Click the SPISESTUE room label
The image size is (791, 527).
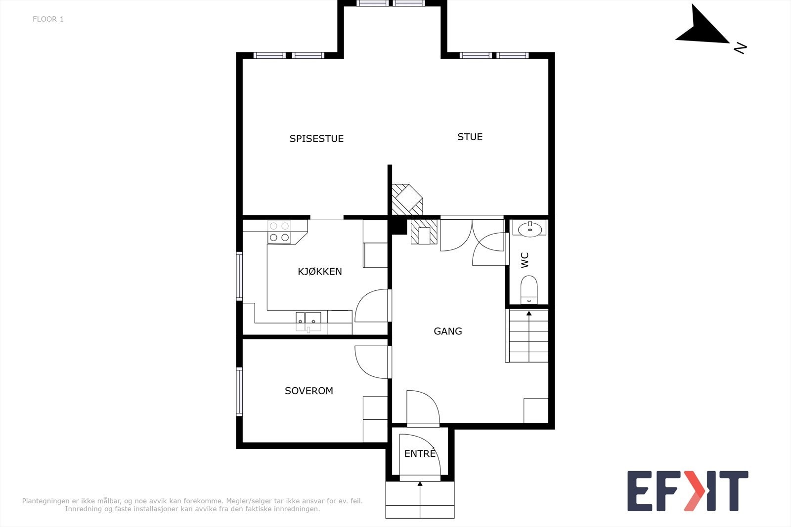(316, 139)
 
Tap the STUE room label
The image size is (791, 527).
(470, 137)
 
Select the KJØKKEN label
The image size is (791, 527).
(319, 271)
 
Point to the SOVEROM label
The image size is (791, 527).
(308, 391)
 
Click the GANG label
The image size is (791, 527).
(448, 331)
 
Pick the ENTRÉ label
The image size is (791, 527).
(420, 453)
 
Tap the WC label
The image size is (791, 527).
(525, 260)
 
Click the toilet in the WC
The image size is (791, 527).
(529, 289)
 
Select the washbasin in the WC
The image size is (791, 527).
(529, 229)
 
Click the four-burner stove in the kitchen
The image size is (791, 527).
(279, 232)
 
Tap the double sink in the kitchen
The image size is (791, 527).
(308, 321)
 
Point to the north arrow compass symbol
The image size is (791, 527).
(703, 28)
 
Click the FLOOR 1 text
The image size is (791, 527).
(48, 19)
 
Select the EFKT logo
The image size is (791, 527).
(688, 490)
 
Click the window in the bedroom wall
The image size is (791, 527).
(239, 392)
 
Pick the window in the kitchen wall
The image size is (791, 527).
(239, 276)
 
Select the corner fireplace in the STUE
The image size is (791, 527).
(407, 200)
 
